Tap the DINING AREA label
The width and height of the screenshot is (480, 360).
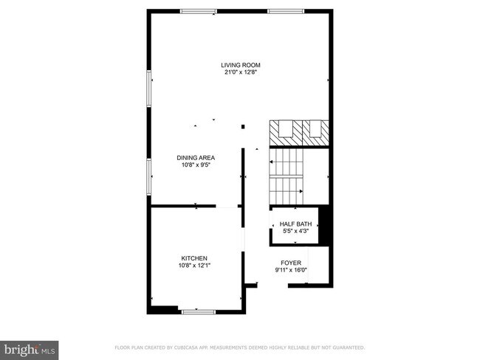pyautogui.click(x=195, y=158)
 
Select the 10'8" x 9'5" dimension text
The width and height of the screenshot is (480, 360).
pyautogui.click(x=195, y=165)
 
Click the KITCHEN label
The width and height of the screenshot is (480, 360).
pyautogui.click(x=195, y=258)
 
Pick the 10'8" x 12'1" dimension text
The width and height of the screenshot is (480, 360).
pyautogui.click(x=195, y=266)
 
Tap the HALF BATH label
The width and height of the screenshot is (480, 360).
pyautogui.click(x=295, y=224)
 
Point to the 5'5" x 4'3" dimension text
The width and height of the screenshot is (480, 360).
pyautogui.click(x=295, y=231)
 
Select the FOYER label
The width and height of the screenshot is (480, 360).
pyautogui.click(x=291, y=263)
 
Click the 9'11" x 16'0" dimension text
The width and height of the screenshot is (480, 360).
pyautogui.click(x=291, y=270)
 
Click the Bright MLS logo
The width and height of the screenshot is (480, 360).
pyautogui.click(x=30, y=347)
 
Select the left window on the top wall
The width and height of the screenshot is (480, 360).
pyautogui.click(x=199, y=11)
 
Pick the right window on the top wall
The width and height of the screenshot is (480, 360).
pyautogui.click(x=286, y=11)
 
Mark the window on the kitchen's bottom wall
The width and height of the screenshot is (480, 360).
pyautogui.click(x=199, y=311)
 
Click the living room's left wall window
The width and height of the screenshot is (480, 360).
pyautogui.click(x=149, y=89)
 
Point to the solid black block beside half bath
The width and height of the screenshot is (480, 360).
pyautogui.click(x=323, y=224)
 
